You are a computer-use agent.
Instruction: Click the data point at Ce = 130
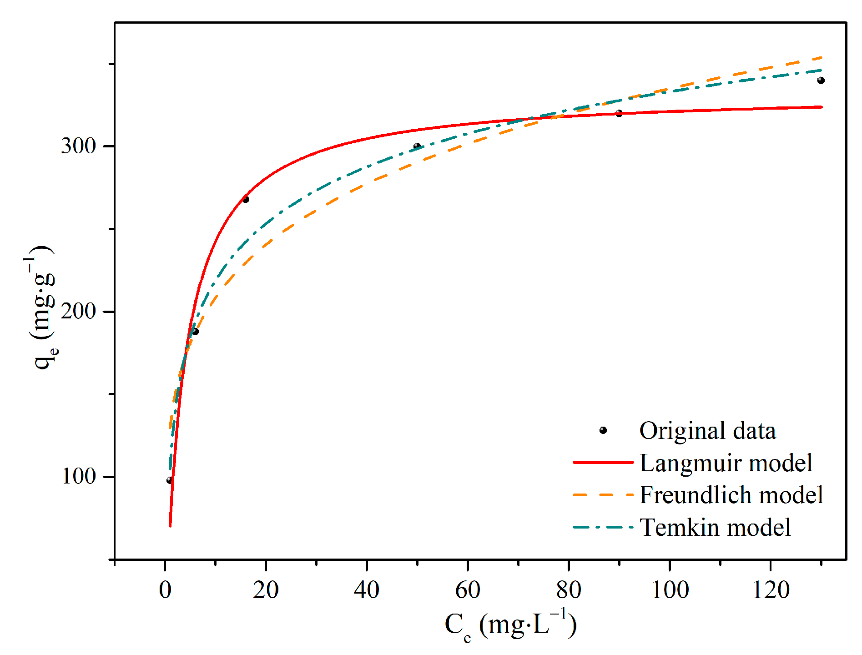[821, 81]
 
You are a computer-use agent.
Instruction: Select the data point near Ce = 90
[619, 113]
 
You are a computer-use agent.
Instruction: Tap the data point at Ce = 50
[417, 146]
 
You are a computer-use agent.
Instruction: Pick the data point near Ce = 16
[246, 199]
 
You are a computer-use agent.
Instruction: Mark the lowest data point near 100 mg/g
[169, 480]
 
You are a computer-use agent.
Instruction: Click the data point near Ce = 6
[195, 331]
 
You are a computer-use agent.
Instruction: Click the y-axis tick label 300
[78, 146]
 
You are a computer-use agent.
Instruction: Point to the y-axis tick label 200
[78, 312]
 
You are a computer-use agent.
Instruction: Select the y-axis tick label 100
[78, 477]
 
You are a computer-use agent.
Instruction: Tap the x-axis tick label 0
[165, 590]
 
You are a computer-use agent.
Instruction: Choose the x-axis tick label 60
[468, 590]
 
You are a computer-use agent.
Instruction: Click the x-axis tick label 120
[771, 590]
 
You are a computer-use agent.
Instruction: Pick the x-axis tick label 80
[569, 590]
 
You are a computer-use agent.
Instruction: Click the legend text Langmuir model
[726, 463]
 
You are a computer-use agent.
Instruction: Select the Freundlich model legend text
[731, 495]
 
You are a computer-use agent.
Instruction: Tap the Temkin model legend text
[715, 528]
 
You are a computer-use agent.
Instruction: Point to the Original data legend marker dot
[603, 430]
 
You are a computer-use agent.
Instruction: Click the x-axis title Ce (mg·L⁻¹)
[510, 625]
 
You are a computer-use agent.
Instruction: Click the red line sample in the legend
[603, 463]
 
